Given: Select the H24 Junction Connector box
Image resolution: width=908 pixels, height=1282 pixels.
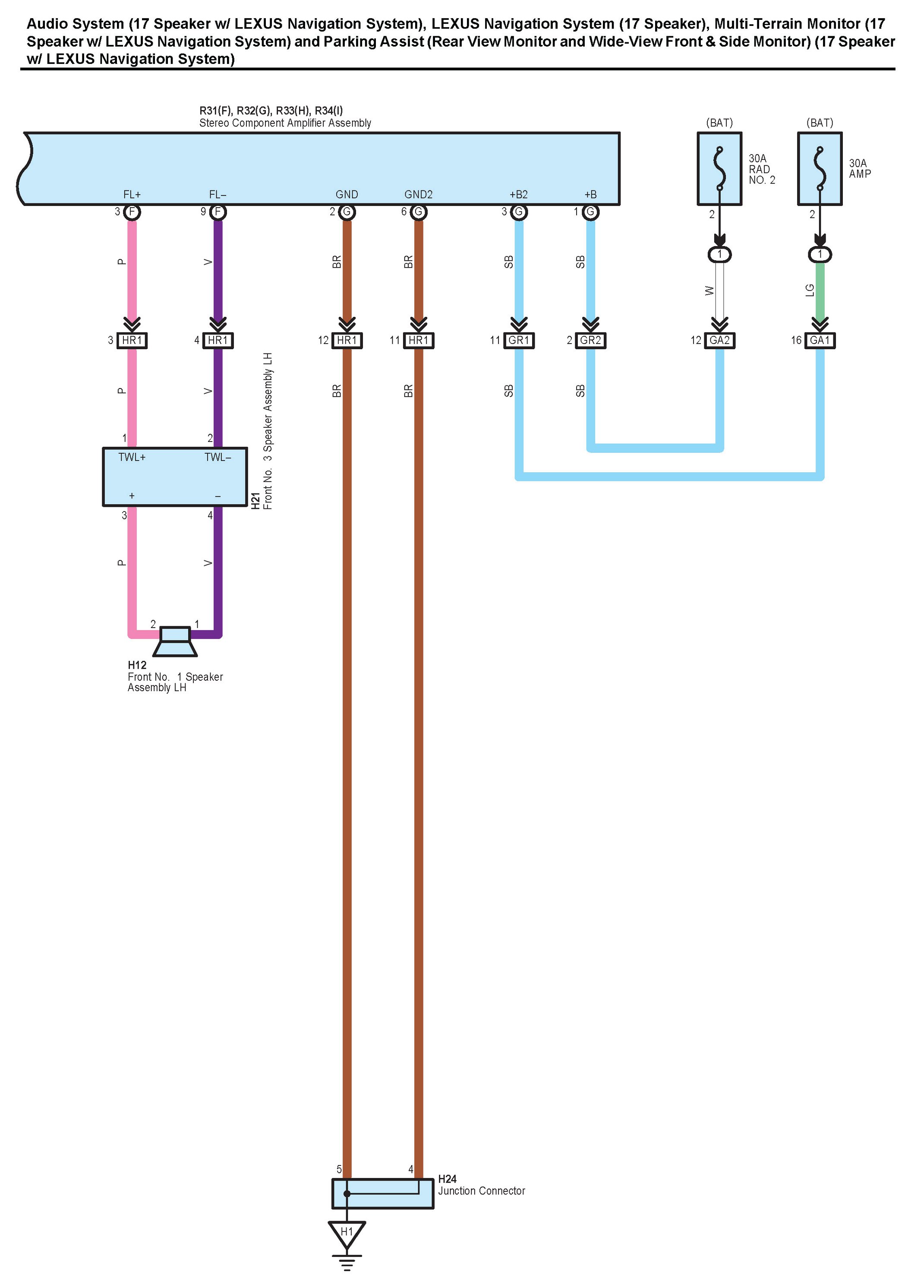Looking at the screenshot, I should point(382,1194).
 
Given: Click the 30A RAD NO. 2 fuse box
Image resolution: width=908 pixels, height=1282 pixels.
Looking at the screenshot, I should point(719,169).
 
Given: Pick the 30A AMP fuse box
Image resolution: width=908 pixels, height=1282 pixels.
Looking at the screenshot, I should point(819,169).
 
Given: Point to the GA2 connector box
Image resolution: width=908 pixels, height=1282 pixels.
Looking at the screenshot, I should point(719,340).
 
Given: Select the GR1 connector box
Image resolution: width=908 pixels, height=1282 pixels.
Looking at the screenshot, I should point(519,340).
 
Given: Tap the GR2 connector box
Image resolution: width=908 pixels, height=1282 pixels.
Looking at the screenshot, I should point(590,340).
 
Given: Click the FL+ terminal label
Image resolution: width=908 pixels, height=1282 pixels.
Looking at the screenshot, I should point(132,195).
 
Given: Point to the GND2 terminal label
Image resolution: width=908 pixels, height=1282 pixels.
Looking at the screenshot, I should point(418,195).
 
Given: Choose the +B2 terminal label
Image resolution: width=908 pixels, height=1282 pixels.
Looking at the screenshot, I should point(518,195).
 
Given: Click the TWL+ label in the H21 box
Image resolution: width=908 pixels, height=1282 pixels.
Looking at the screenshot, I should point(132,458).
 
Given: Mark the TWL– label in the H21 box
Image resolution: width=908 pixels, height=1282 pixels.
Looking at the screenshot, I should point(218,458).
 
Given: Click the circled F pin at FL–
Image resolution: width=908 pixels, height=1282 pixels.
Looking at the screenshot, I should point(218,212).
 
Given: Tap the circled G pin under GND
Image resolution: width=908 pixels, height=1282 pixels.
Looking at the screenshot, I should point(347,212).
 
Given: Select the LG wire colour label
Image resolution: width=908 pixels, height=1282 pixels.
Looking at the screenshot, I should point(810,290).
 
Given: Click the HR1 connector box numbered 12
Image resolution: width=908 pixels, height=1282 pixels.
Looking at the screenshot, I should point(347,340).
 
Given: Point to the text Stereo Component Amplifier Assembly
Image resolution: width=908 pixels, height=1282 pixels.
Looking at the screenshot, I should point(285,123).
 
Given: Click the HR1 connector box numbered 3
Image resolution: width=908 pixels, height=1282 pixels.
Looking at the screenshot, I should point(132,340).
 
